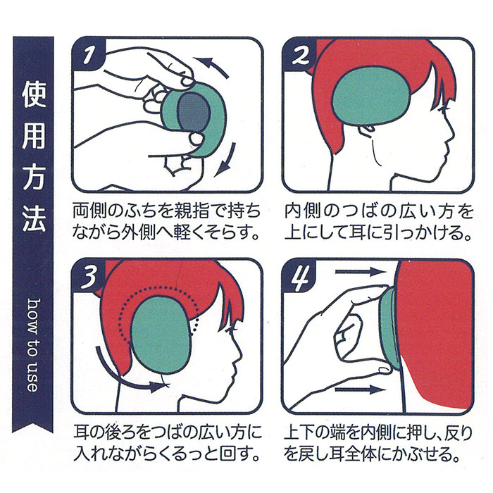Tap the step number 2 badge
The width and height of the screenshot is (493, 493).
(299, 54)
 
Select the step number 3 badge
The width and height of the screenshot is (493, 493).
(89, 276)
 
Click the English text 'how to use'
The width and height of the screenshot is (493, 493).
(32, 345)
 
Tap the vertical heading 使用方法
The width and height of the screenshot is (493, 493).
(33, 156)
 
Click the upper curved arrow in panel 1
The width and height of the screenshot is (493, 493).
(211, 67)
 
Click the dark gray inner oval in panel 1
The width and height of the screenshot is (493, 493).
(194, 111)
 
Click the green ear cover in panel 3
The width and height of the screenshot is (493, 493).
(161, 335)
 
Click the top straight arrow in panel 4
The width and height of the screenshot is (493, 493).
(360, 272)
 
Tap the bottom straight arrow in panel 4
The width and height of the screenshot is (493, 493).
(360, 390)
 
